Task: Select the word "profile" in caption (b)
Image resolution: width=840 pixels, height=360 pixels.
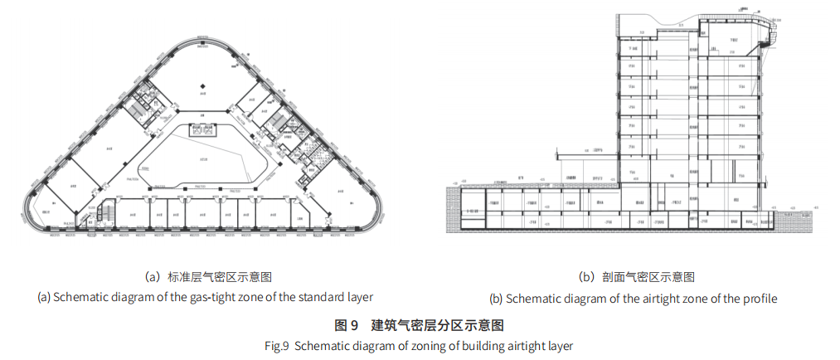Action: (x=758, y=298)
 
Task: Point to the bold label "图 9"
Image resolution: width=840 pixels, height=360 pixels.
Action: (x=345, y=324)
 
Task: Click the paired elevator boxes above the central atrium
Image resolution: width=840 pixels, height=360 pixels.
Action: (x=204, y=130)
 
